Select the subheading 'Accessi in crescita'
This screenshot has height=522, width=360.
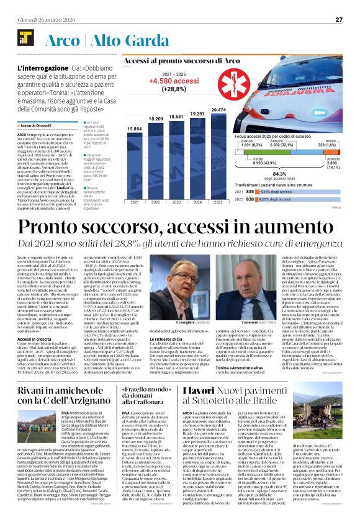[35, 340]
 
